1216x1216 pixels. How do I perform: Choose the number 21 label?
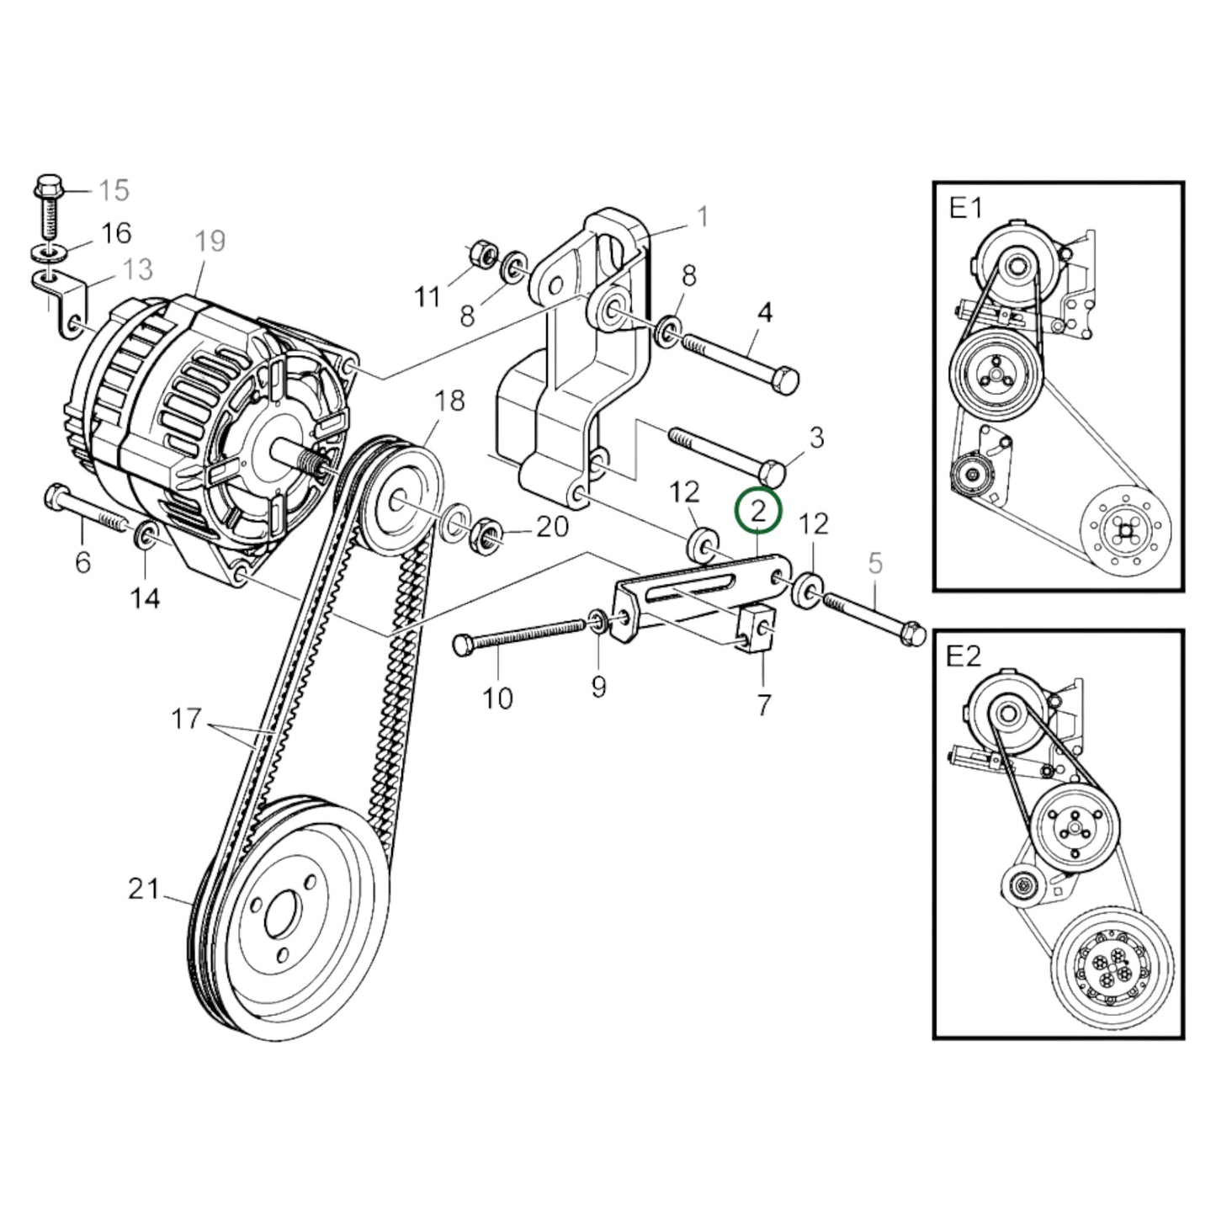(143, 889)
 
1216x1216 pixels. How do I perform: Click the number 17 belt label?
(186, 719)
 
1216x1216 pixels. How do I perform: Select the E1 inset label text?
(965, 208)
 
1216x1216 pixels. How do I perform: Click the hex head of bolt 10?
(461, 645)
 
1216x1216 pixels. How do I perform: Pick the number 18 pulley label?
(450, 401)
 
